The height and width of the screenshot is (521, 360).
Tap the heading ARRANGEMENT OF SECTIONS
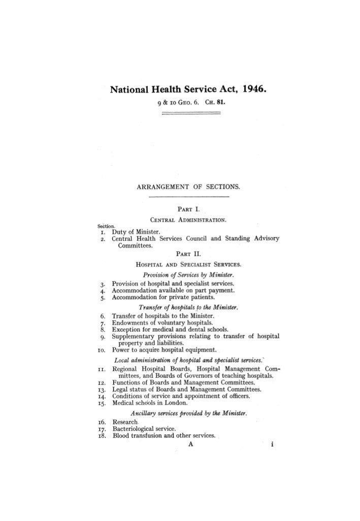coord(188,186)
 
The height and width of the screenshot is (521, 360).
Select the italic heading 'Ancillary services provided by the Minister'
coord(188,413)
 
